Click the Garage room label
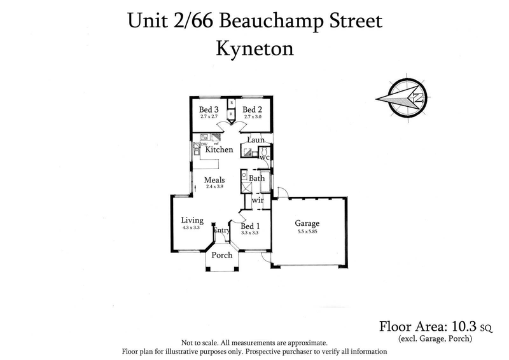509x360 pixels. tap(307, 224)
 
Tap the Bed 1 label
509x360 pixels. tap(250, 226)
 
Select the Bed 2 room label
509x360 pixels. tap(253, 109)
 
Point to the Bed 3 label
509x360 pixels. tap(209, 109)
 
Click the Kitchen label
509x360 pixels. tap(219, 149)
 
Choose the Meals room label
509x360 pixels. tap(214, 180)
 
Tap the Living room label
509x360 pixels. tap(192, 220)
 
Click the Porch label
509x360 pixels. tap(222, 255)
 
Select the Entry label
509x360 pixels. tap(221, 231)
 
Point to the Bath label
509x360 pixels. tap(257, 179)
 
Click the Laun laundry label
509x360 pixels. tap(256, 139)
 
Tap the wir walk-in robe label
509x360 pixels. tap(258, 200)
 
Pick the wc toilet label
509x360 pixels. tap(265, 156)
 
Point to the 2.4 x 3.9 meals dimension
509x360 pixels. tap(214, 188)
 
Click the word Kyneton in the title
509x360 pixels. tap(254, 48)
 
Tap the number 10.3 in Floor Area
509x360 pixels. tap(463, 327)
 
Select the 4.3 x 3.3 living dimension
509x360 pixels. tap(192, 228)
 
